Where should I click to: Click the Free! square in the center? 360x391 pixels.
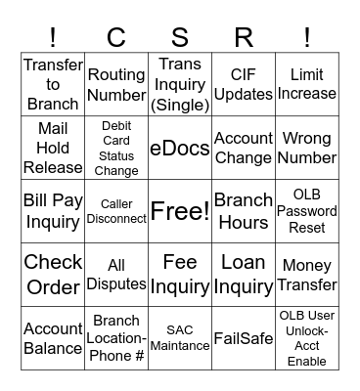(180, 211)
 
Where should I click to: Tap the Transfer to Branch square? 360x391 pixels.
(53, 85)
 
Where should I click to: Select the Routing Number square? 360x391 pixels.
(116, 85)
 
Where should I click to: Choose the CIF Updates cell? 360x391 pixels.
(244, 85)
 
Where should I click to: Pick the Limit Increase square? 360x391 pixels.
(307, 85)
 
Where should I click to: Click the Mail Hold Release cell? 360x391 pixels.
(53, 148)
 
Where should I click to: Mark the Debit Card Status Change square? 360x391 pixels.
(116, 148)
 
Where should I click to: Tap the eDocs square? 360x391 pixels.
(180, 148)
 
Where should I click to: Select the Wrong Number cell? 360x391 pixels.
(307, 148)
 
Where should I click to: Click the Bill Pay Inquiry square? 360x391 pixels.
(53, 211)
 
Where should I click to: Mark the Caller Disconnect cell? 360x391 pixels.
(116, 211)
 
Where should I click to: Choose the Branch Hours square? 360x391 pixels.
(244, 211)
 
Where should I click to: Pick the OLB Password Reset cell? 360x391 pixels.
(307, 211)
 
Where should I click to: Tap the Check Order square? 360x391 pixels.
(53, 275)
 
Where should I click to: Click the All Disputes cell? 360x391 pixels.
(116, 275)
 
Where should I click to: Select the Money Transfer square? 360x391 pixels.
(307, 275)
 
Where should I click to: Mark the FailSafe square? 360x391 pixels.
(244, 338)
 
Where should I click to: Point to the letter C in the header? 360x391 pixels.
(116, 37)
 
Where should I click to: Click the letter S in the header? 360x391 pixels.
(180, 37)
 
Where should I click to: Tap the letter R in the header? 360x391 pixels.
(244, 37)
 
